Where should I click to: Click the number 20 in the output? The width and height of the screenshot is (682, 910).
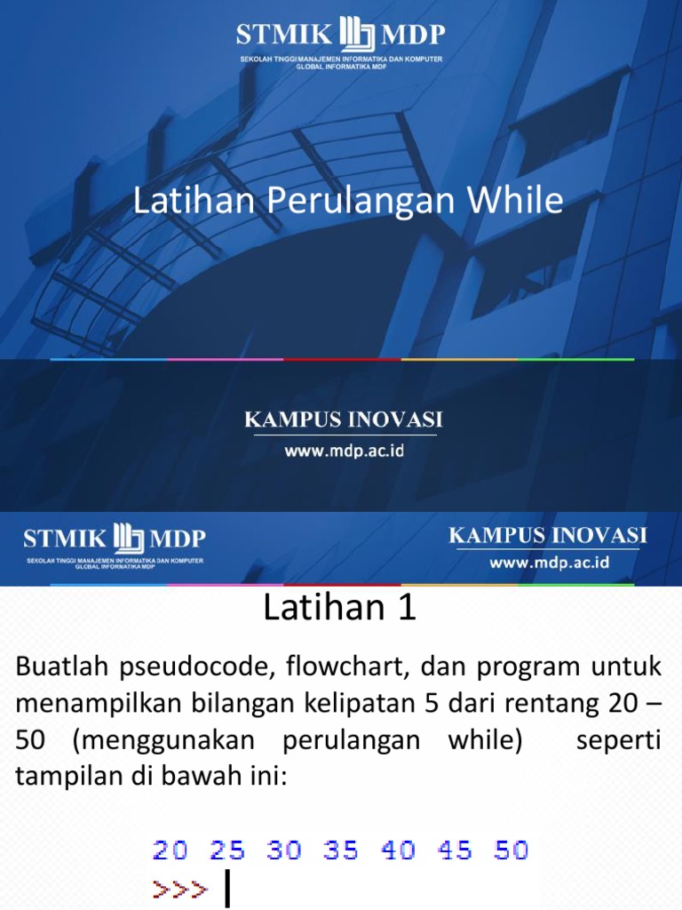point(170,850)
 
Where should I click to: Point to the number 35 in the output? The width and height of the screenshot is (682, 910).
point(341,850)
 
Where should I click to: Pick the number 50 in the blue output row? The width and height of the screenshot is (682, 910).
point(511,850)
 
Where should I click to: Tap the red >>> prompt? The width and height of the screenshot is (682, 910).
point(180,888)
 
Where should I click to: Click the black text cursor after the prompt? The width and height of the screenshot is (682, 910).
point(228,889)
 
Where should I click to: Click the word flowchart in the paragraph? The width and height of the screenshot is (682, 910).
point(343,667)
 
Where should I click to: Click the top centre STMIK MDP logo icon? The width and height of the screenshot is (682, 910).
point(356,36)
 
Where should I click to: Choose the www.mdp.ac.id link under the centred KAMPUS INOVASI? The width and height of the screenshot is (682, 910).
point(344,451)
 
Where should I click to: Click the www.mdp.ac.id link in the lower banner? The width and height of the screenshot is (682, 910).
point(549,563)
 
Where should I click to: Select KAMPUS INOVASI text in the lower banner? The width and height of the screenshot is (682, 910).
point(548,536)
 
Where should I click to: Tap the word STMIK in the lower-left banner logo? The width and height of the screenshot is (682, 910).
point(65,539)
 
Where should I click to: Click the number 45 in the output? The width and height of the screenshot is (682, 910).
point(455,850)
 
